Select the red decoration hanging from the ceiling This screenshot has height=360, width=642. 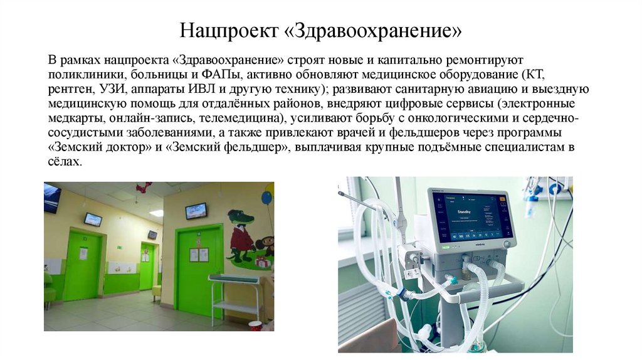tap(144, 187)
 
